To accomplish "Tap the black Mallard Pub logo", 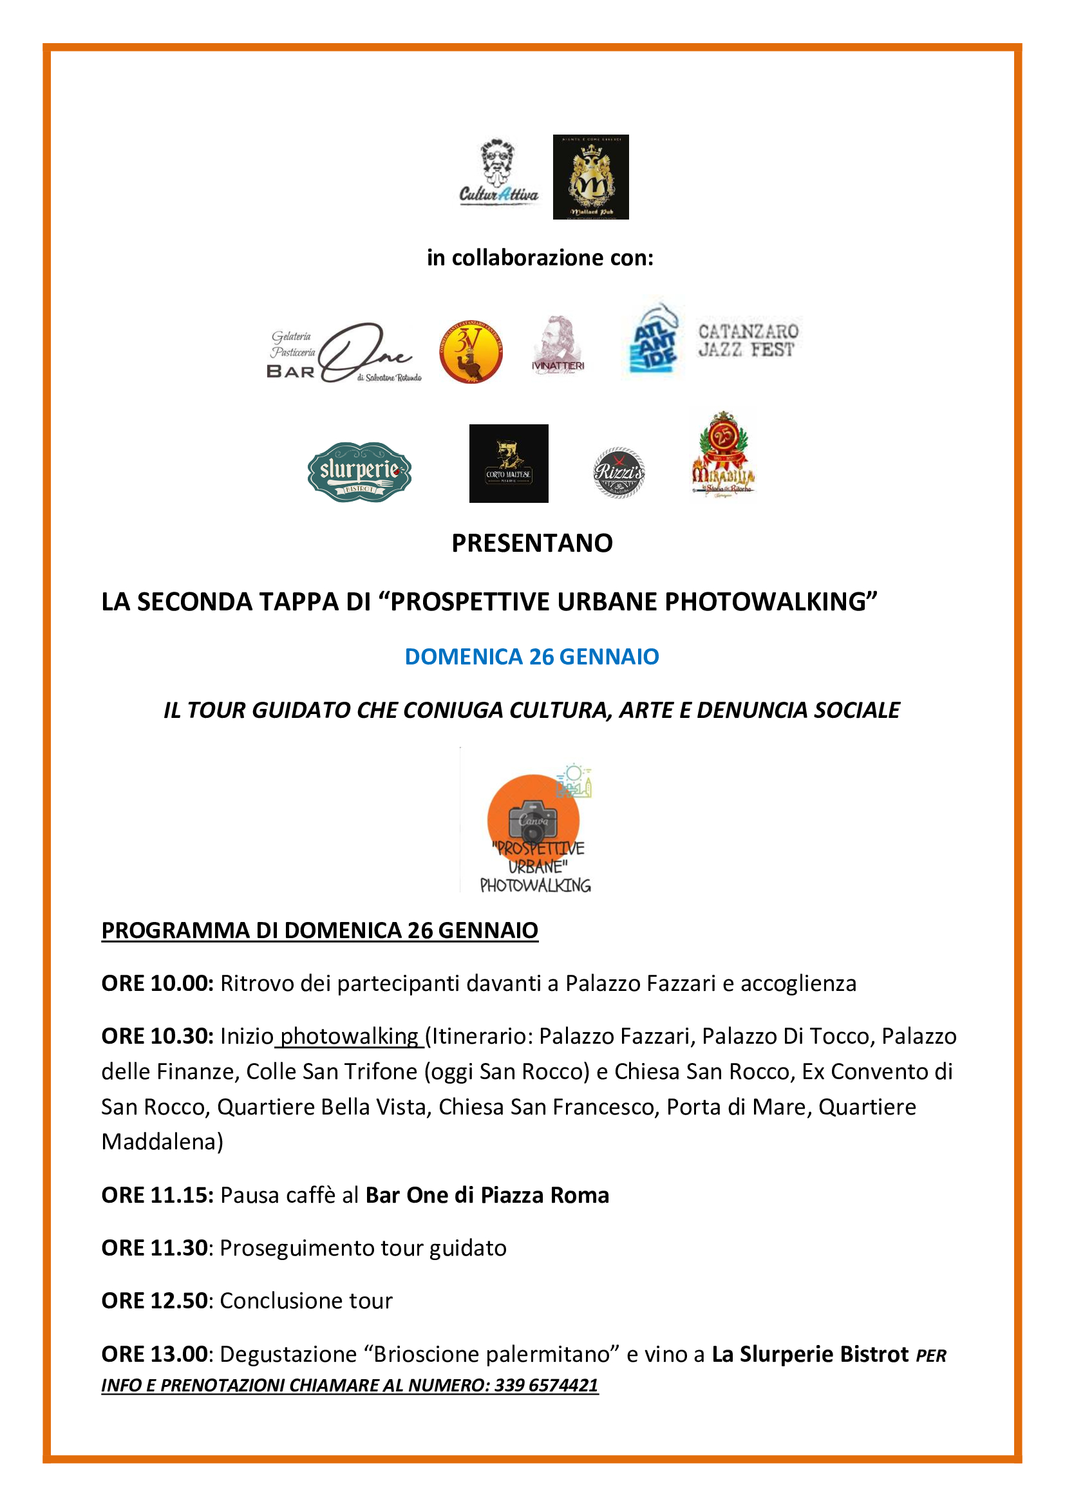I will coord(590,177).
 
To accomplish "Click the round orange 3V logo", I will coord(470,352).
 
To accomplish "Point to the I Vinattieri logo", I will coord(558,346).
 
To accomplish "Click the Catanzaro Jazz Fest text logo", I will coord(748,341).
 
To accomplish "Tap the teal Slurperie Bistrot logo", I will coord(359,471).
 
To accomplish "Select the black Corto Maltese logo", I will coord(508,464).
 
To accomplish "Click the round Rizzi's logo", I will coord(618,472).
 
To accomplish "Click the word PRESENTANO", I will coord(532,543).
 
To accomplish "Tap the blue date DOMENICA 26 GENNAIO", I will coord(532,657).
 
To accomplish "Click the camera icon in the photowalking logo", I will coord(532,820).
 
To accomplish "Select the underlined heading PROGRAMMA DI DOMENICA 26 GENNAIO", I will coord(319,930).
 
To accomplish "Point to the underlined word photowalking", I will coord(350,1037).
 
